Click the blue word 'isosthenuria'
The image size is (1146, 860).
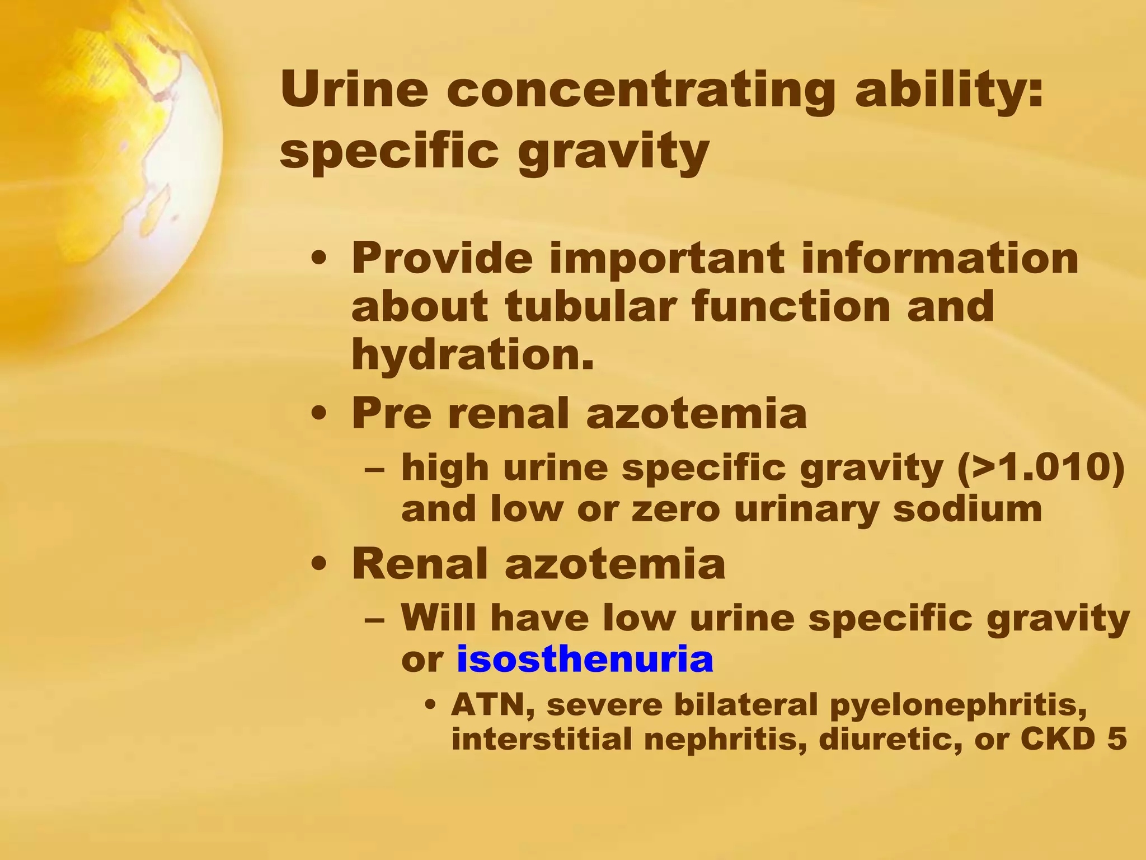pos(585,660)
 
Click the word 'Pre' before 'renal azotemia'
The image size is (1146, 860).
pos(392,413)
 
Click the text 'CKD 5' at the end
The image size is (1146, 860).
pos(1073,739)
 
